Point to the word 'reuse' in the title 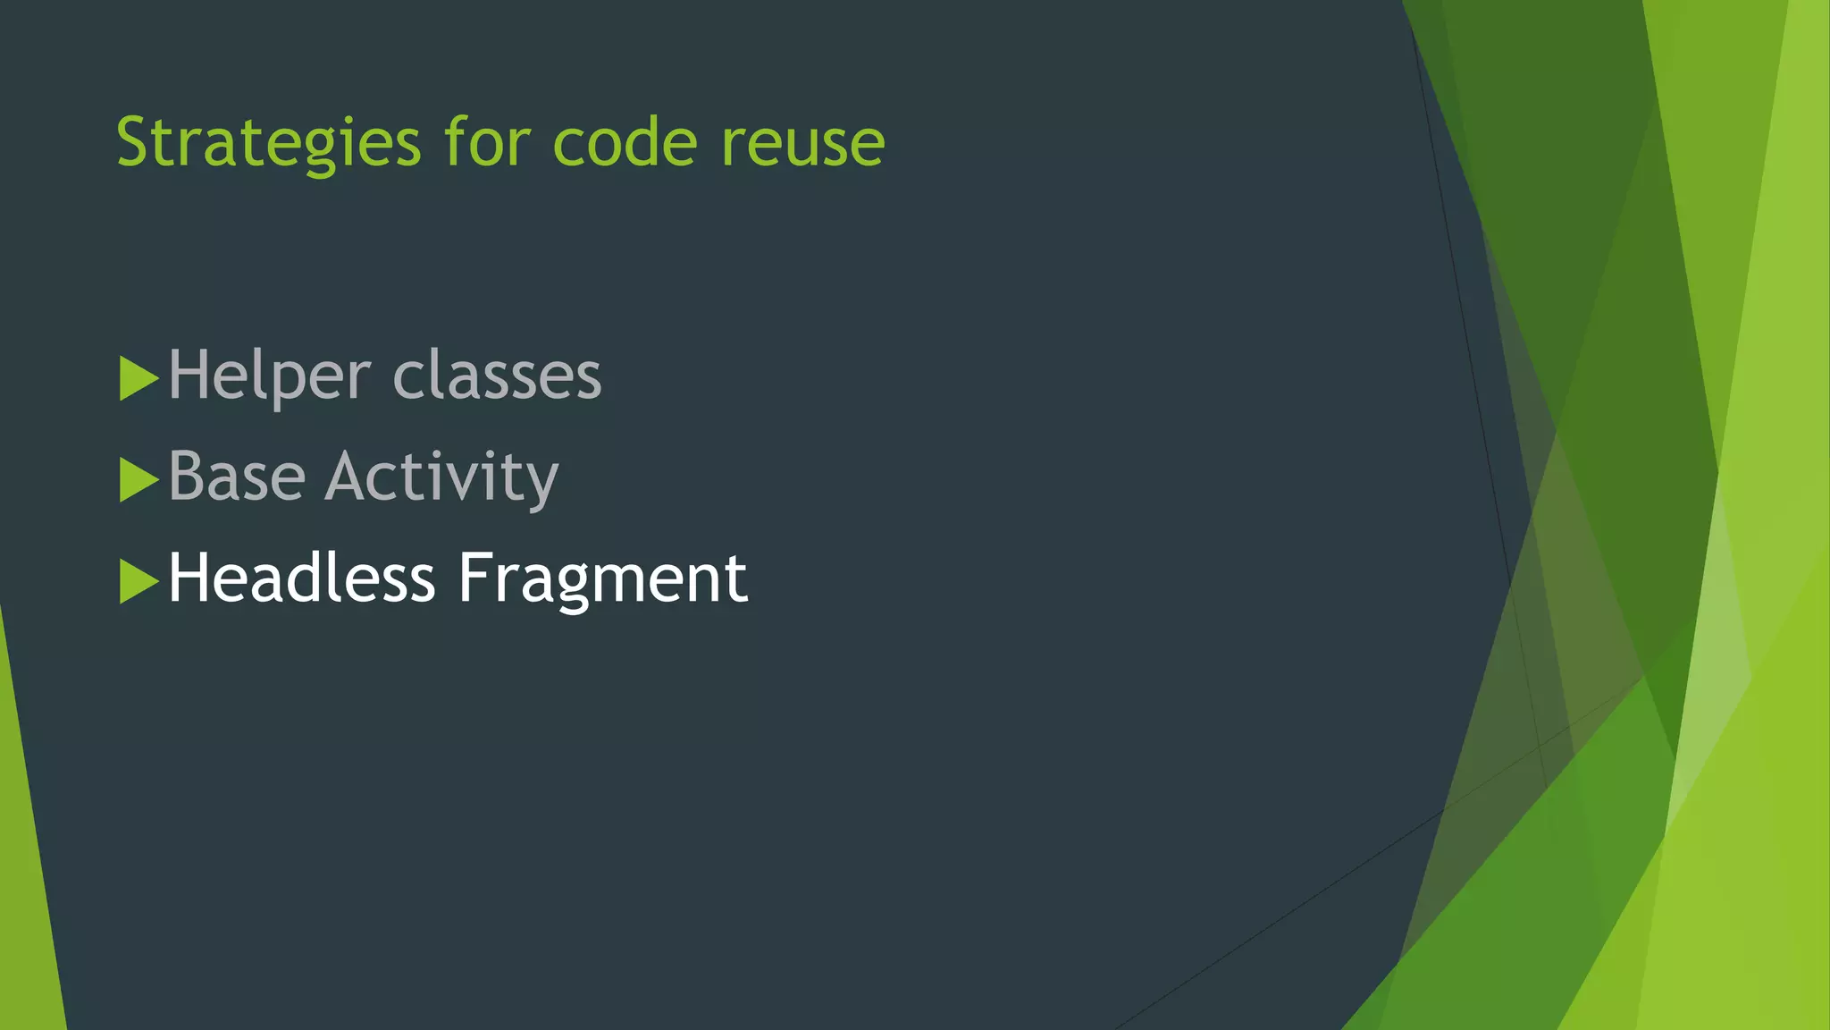pyautogui.click(x=802, y=143)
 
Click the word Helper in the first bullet pyautogui.click(x=269, y=376)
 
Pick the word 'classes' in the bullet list pyautogui.click(x=497, y=376)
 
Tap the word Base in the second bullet pyautogui.click(x=237, y=477)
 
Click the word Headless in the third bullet pyautogui.click(x=301, y=578)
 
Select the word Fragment pyautogui.click(x=602, y=579)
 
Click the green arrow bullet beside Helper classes pyautogui.click(x=138, y=378)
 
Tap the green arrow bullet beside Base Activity pyautogui.click(x=138, y=480)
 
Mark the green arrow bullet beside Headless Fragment pyautogui.click(x=138, y=582)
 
